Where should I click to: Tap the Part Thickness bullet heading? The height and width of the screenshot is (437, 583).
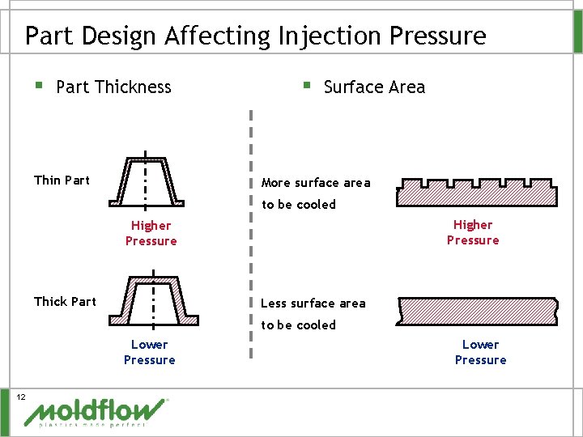coord(113,87)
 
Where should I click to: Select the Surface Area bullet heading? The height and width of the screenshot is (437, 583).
coord(373,87)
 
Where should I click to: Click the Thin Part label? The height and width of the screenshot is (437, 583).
coord(62,180)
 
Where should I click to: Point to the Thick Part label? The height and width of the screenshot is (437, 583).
coord(65,301)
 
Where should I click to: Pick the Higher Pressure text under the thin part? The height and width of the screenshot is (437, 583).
coord(151,233)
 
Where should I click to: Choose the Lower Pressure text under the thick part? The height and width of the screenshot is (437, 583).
coord(149,352)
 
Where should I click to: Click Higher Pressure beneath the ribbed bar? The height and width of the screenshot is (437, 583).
coord(473,232)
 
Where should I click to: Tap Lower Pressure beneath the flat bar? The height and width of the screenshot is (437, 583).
coord(480,352)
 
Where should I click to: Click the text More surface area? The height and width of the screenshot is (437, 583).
coord(315,183)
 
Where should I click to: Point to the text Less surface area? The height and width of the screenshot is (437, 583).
coord(313,303)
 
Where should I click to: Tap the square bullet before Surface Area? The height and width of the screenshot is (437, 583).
coord(306,84)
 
